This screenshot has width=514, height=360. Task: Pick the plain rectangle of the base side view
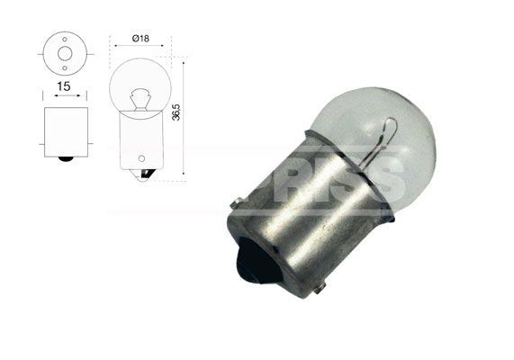65,131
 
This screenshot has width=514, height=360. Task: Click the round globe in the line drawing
138,85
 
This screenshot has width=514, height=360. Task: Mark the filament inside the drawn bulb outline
138,97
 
